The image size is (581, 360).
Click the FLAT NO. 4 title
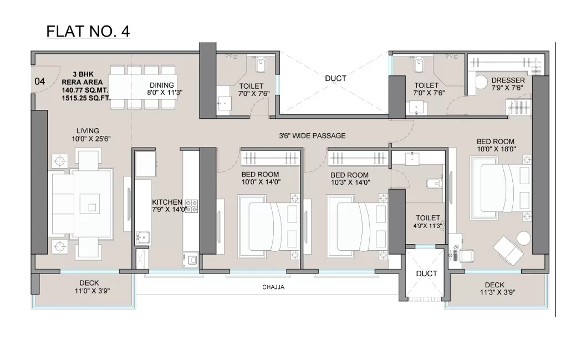(x=88, y=31)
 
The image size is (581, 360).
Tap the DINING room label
(x=162, y=85)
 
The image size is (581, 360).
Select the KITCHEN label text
(x=167, y=202)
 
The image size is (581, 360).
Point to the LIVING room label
(x=88, y=131)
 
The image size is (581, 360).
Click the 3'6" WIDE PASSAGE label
(x=312, y=136)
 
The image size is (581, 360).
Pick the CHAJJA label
(x=273, y=287)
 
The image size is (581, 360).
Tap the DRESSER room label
(x=508, y=80)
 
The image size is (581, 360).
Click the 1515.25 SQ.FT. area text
(x=86, y=98)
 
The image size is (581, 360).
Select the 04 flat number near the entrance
(x=40, y=81)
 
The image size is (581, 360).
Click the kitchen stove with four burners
(x=192, y=206)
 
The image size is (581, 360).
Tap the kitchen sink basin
(x=142, y=236)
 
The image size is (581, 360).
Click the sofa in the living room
(x=63, y=204)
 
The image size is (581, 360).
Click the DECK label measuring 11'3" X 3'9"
(x=495, y=289)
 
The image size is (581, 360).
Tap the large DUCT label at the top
(x=335, y=79)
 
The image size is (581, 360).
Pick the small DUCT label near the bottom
(x=426, y=273)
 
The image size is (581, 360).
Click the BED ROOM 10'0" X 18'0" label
(x=496, y=145)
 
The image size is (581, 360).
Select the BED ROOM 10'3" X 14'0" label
(x=349, y=178)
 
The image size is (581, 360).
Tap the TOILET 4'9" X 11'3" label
(x=427, y=222)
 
